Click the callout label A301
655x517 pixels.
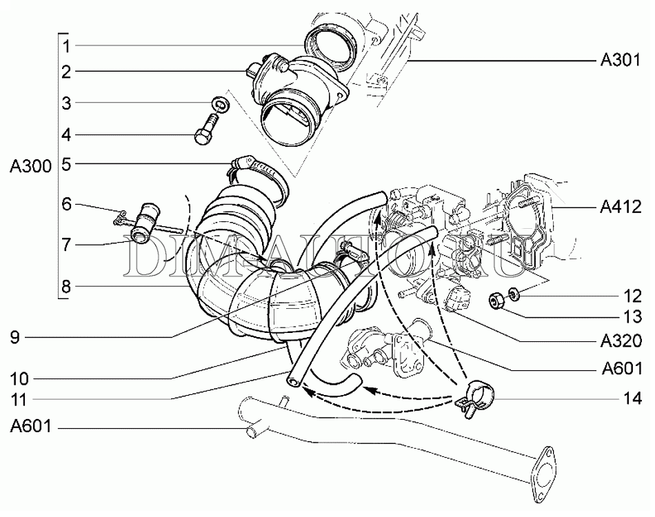(x=616, y=61)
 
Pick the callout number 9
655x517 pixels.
(x=15, y=337)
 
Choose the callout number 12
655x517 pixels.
(x=632, y=298)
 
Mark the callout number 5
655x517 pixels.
(x=66, y=164)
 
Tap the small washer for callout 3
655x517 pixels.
(x=219, y=104)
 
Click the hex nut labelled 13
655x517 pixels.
(x=495, y=300)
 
